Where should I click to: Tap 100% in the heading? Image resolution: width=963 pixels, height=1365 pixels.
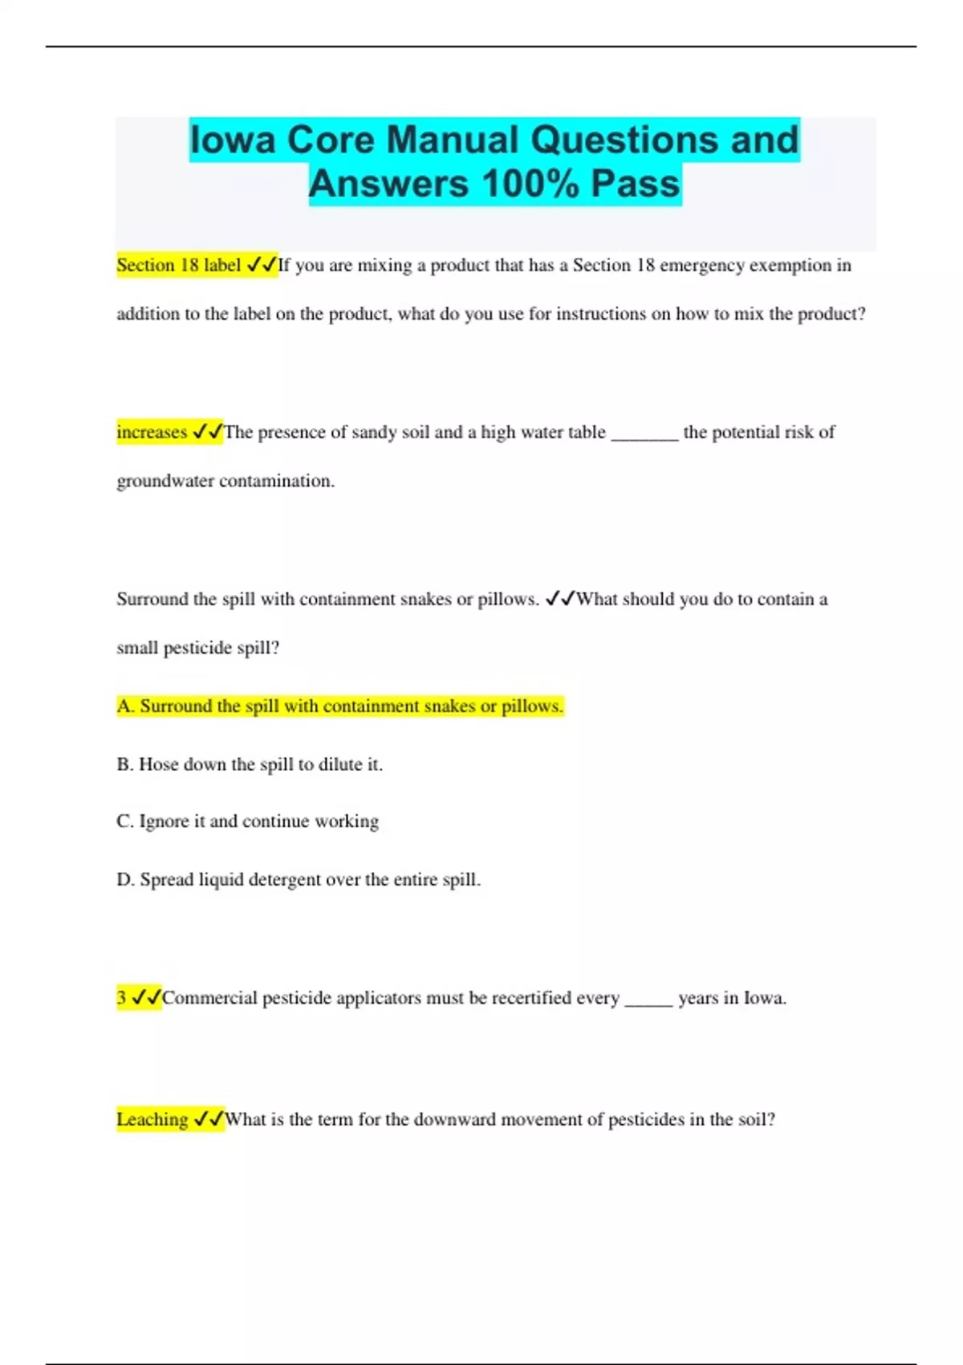coord(530,183)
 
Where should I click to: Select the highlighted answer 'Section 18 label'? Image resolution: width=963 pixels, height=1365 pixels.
coord(178,265)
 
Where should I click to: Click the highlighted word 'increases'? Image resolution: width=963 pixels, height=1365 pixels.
coord(152,432)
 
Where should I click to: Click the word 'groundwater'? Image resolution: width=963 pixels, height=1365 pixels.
coord(165,481)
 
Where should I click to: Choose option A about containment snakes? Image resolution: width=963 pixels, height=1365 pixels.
coord(339,706)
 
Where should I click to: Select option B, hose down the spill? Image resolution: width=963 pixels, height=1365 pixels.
coord(250,764)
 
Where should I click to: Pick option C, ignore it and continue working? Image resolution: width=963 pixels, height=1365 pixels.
coord(247,821)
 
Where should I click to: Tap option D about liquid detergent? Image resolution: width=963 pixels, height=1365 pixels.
coord(298,879)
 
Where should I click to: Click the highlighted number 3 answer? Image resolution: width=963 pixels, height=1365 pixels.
coord(121,997)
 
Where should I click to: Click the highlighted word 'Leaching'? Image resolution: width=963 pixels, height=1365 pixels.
coord(152,1119)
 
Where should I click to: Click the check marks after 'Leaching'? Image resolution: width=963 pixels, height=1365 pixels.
coord(209,1119)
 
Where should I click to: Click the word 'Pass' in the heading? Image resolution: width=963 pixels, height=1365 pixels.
coord(636,183)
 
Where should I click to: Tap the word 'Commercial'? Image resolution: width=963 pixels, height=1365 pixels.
coord(209,997)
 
